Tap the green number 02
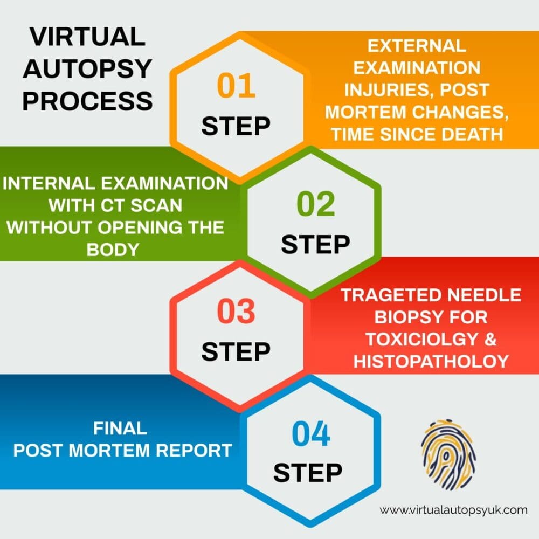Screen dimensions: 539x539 point(315,205)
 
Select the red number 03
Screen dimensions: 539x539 point(236,312)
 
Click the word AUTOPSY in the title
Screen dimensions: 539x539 point(87,69)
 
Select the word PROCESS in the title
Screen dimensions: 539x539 point(87,101)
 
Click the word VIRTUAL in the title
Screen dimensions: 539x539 point(87,37)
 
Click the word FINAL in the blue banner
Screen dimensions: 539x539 point(120,428)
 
